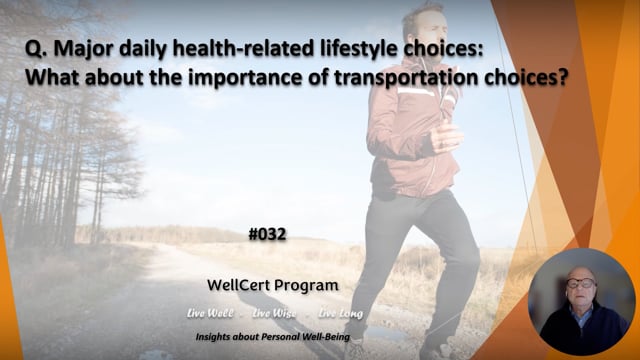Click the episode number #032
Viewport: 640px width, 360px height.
tap(268, 235)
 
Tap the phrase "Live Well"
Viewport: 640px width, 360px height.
tap(210, 313)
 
